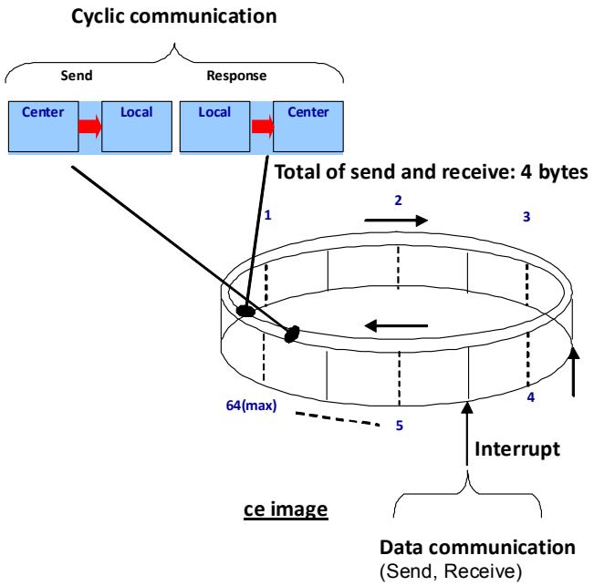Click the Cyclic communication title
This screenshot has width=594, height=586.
click(174, 17)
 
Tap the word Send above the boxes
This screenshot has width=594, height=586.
click(77, 76)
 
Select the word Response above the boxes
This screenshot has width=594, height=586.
click(236, 76)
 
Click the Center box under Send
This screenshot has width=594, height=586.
click(44, 127)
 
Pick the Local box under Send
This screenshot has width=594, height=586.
click(137, 127)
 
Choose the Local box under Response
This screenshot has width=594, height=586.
click(214, 127)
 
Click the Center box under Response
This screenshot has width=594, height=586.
click(308, 127)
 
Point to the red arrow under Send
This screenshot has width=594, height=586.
click(90, 126)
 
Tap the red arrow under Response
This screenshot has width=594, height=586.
click(262, 126)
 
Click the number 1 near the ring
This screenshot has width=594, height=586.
click(268, 215)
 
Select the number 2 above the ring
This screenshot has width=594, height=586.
click(398, 200)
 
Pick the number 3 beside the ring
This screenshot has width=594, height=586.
click(526, 217)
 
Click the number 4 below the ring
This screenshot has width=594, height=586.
click(531, 397)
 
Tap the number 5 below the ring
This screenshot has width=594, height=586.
click(400, 426)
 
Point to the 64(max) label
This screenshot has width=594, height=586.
click(251, 406)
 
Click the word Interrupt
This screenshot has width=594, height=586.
click(517, 449)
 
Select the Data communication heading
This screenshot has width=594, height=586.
click(477, 548)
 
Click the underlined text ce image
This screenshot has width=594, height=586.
click(286, 509)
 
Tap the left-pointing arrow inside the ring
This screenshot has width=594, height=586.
click(396, 325)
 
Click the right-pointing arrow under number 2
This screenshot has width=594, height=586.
click(396, 221)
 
